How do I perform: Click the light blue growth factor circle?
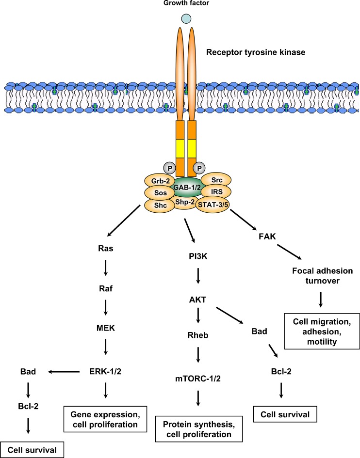tap(186, 18)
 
